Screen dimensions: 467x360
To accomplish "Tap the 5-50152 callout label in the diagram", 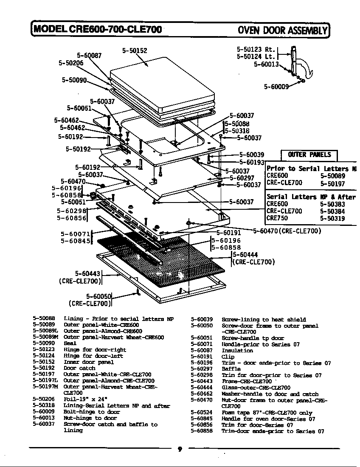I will tap(135, 51).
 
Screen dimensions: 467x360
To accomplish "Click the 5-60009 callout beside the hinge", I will tap(276, 87).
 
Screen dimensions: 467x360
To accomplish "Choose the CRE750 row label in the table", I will tap(277, 218).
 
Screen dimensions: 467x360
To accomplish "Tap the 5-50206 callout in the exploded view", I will tap(71, 63).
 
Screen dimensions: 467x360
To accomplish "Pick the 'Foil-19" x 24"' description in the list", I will tap(84, 399).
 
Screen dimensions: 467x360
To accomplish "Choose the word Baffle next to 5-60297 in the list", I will tap(231, 369).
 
